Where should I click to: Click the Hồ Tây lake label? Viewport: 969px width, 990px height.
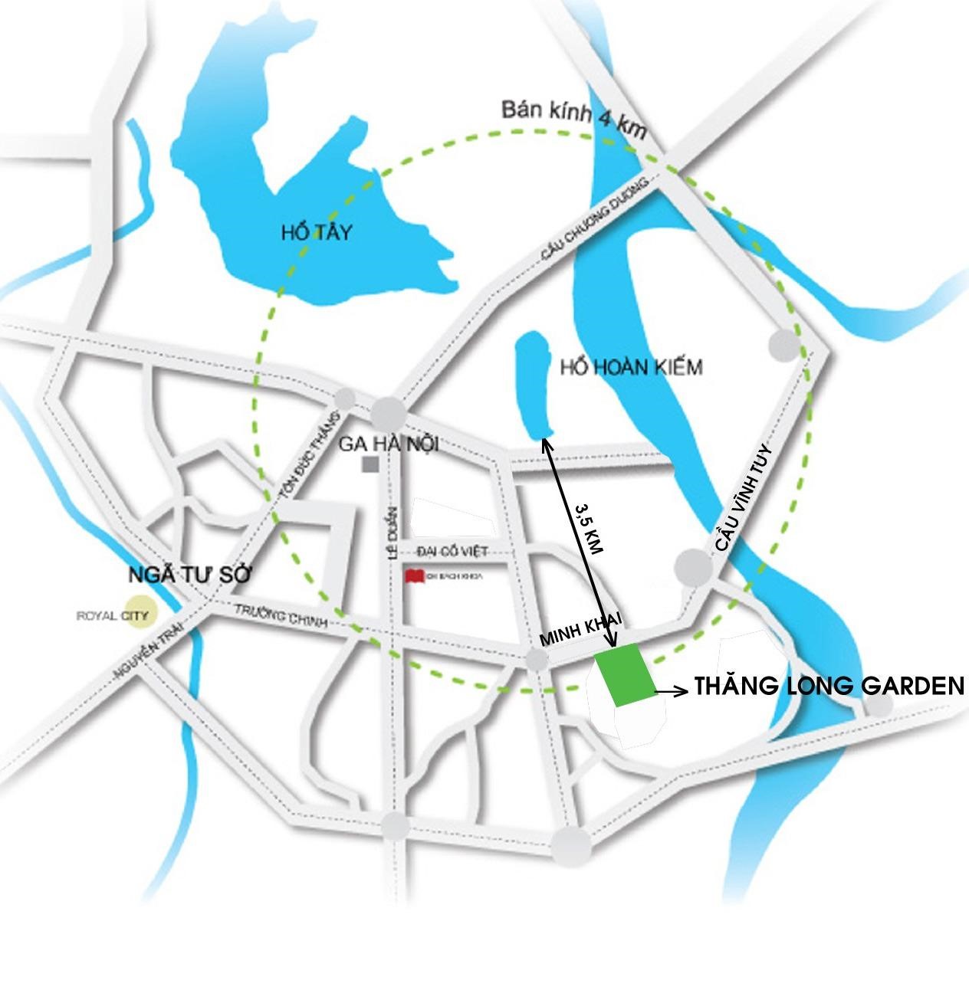pyautogui.click(x=316, y=232)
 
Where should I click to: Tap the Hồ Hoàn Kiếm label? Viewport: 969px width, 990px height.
pyautogui.click(x=631, y=368)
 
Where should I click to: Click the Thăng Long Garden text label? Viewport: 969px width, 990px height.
pyautogui.click(x=829, y=686)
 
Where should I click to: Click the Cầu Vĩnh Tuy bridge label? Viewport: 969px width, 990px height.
pyautogui.click(x=744, y=498)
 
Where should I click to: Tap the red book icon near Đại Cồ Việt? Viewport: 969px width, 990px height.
pyautogui.click(x=415, y=576)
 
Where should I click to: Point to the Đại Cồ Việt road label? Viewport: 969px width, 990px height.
pyautogui.click(x=452, y=551)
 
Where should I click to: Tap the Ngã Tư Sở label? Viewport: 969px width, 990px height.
pyautogui.click(x=190, y=575)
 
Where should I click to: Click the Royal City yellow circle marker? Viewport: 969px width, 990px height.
pyautogui.click(x=140, y=613)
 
